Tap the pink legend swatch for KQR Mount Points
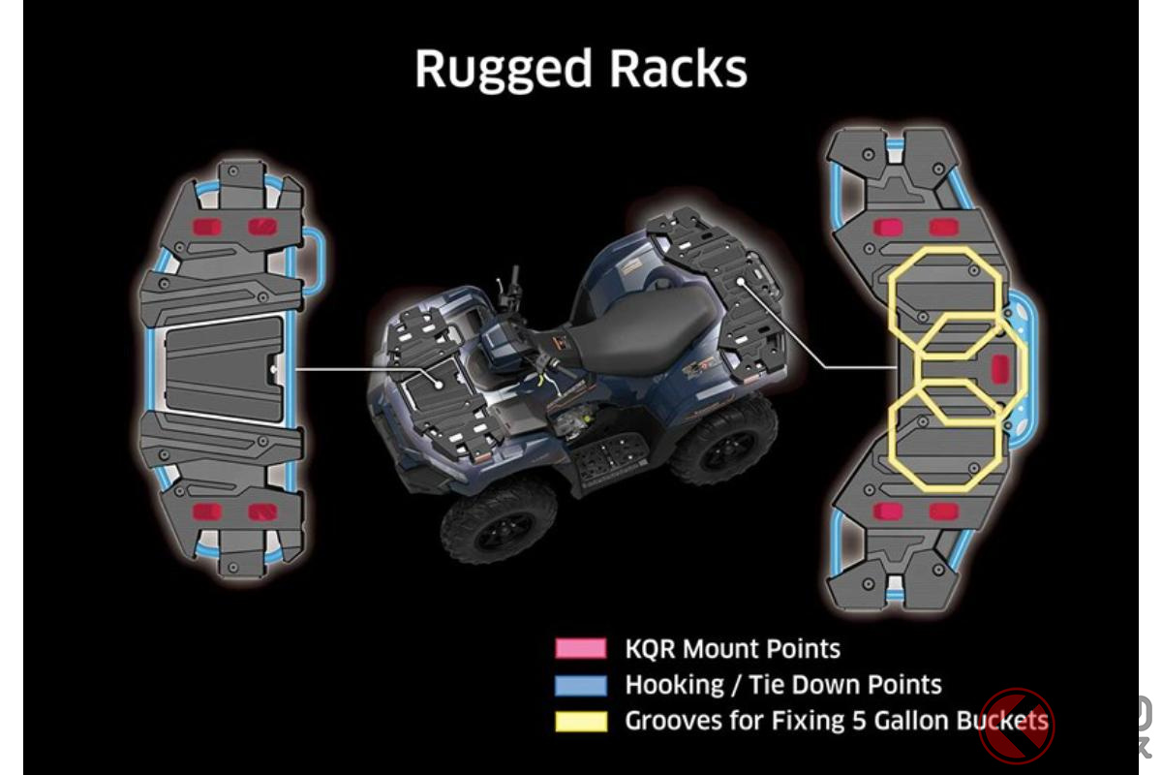[581, 648]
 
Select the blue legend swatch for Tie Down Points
[581, 685]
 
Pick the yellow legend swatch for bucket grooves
[581, 721]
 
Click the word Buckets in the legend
[1002, 721]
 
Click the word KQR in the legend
[650, 648]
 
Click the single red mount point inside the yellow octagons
[1000, 366]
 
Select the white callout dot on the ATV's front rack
[439, 384]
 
